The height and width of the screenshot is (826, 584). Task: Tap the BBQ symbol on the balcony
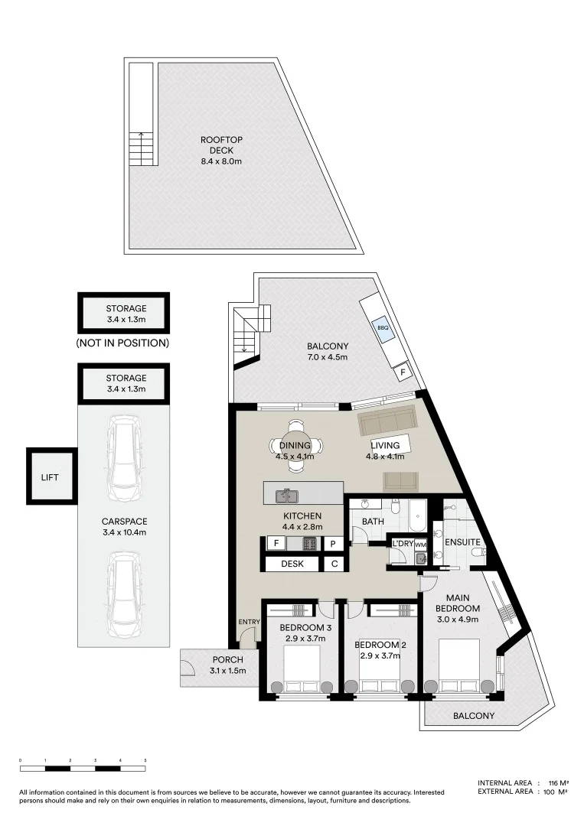pos(383,328)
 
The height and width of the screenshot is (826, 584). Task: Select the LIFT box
pos(50,476)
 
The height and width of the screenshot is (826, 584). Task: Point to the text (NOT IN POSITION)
pos(122,343)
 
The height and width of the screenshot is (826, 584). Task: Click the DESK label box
pos(292,564)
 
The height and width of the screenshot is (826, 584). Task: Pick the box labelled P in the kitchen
pos(334,544)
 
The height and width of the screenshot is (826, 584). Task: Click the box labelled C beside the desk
pos(334,564)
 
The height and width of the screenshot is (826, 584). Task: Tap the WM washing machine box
pos(420,544)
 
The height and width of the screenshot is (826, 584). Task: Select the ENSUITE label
pos(462,542)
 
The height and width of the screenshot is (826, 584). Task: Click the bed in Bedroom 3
pos(299,668)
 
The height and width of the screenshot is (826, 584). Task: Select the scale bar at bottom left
pos(83,767)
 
